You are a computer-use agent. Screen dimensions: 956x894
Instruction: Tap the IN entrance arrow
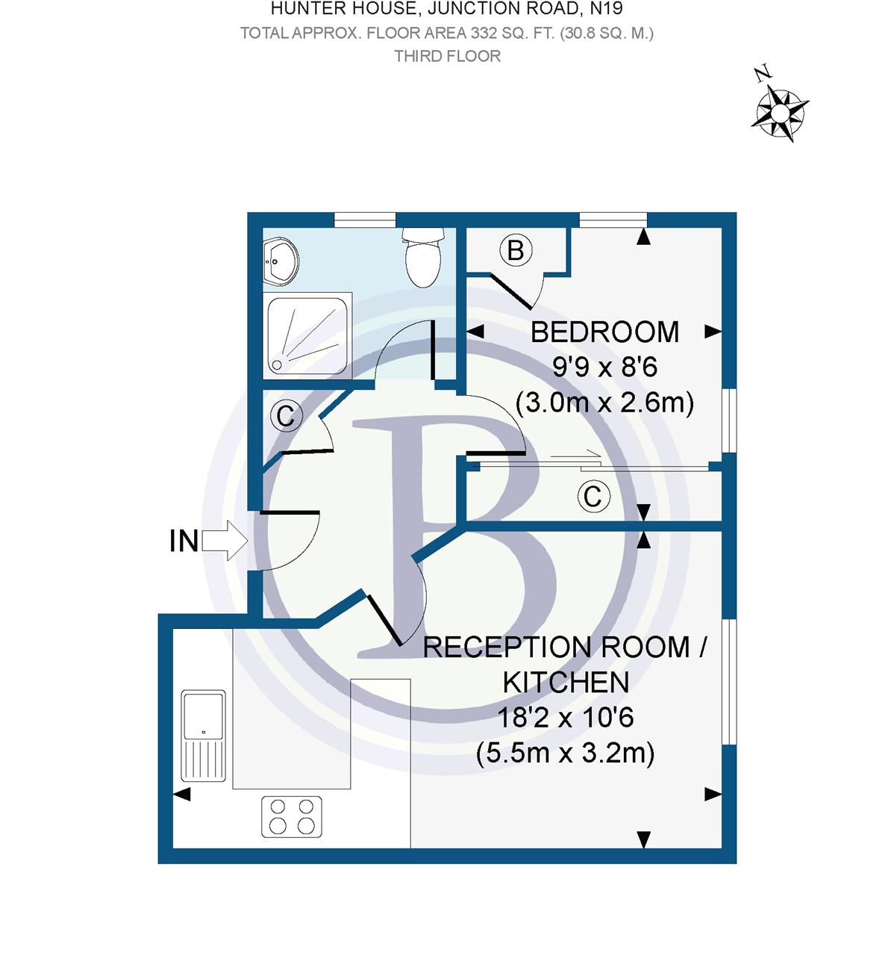click(225, 540)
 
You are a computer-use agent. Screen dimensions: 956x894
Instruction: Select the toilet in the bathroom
click(423, 258)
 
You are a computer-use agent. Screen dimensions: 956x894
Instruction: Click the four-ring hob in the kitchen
click(292, 816)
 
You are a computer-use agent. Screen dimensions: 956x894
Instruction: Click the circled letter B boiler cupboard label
click(516, 249)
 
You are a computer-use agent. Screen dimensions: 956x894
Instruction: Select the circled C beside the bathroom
click(286, 415)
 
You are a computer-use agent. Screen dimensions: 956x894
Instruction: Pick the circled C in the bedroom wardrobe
click(594, 496)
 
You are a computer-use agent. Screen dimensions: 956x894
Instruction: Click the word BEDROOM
click(604, 332)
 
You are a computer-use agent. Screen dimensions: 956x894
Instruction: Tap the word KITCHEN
click(566, 682)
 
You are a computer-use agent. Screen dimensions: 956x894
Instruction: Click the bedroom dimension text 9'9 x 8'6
click(604, 367)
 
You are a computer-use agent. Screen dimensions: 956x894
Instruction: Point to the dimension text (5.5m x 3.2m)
click(566, 753)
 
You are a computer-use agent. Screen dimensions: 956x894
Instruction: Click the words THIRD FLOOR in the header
click(447, 56)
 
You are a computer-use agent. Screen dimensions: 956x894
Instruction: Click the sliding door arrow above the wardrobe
click(576, 453)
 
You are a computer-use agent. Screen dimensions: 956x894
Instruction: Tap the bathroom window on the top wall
click(364, 219)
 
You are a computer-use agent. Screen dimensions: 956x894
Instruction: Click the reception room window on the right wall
click(730, 680)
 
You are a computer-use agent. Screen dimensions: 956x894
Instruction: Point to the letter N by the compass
click(762, 75)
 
